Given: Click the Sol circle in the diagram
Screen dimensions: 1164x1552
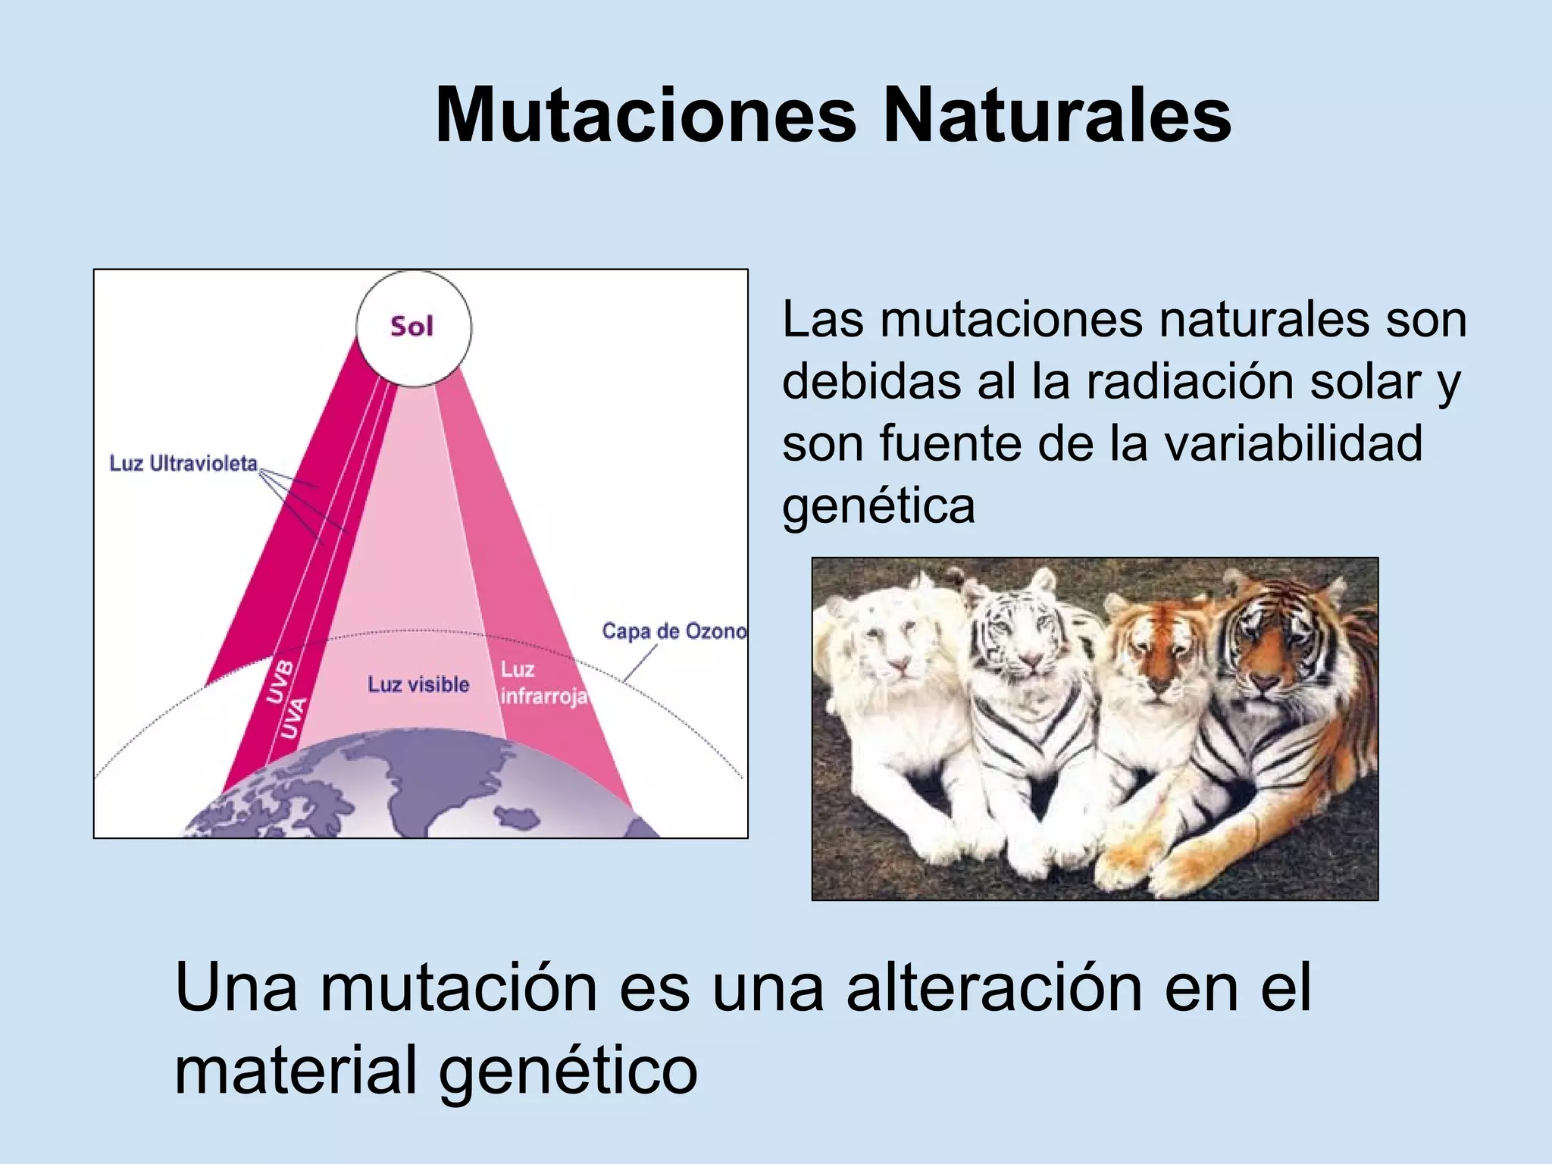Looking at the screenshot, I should point(414,328).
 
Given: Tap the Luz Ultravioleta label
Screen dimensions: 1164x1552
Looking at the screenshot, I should point(183,463).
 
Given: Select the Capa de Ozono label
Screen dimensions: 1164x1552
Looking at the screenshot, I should point(674,631).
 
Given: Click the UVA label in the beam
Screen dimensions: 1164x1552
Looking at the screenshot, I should point(294,717).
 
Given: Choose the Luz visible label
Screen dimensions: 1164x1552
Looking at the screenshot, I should point(418,684).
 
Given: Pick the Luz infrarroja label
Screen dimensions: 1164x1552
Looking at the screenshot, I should point(543,683).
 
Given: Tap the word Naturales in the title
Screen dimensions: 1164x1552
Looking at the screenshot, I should point(1056,116).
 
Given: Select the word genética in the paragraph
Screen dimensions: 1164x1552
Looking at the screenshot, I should point(878,505).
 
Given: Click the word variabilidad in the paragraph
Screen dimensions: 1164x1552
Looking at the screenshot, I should point(1293,443).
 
